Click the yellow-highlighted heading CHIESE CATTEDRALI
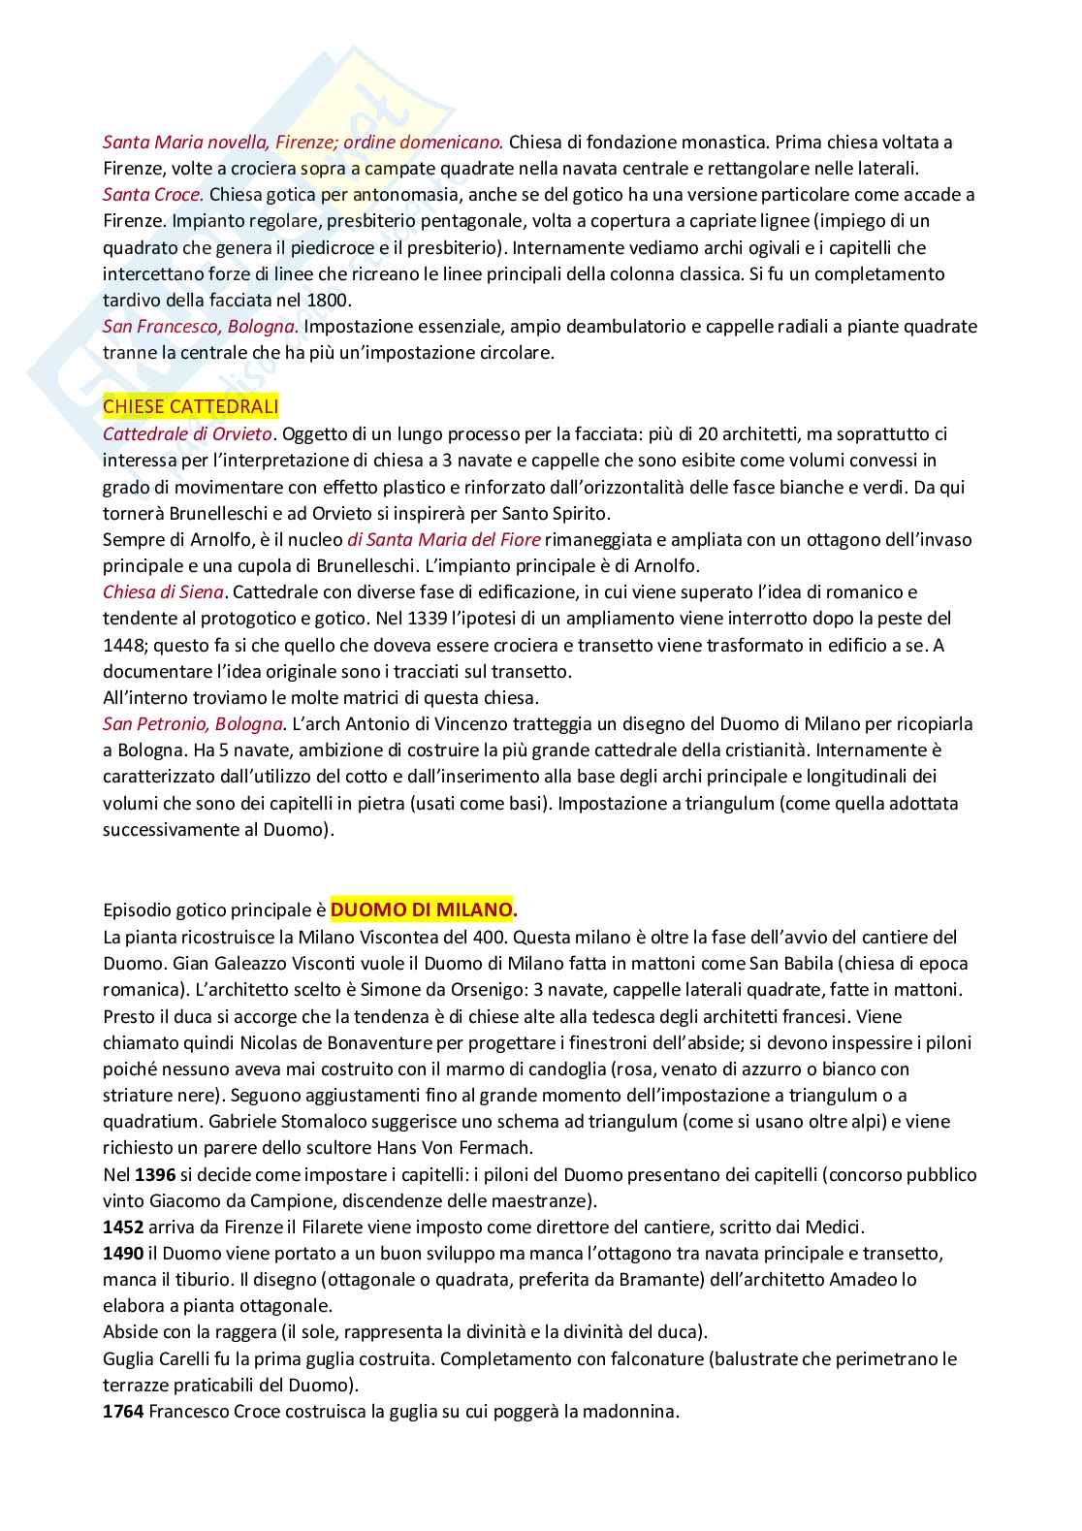[190, 405]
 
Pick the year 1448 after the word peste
[123, 644]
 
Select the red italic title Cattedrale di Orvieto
[188, 432]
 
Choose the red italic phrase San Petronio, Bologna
[194, 723]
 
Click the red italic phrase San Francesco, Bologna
[201, 326]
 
